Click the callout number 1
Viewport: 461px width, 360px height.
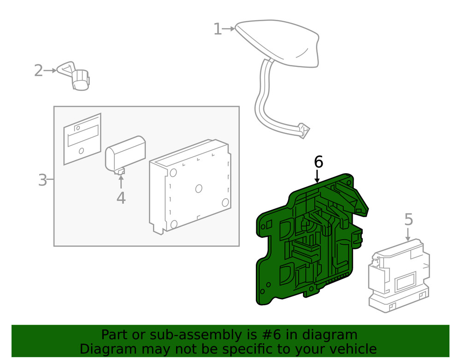coord(217,30)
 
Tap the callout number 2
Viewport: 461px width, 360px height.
coord(38,71)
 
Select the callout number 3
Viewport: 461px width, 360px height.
coord(42,180)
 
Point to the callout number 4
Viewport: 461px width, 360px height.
coord(121,198)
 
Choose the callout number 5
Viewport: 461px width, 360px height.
coord(408,219)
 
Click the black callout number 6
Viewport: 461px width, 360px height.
coord(318,162)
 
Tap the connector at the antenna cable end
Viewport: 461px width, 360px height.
coord(304,130)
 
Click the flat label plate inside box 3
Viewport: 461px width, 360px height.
coord(82,138)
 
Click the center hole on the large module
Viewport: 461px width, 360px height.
coord(199,189)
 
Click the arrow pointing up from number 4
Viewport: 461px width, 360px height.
coord(121,182)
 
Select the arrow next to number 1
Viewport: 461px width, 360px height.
coord(229,30)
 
